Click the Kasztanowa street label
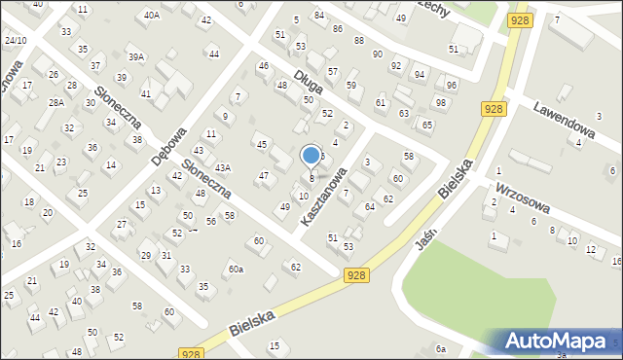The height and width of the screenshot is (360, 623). [323, 197]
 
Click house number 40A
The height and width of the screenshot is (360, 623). [151, 15]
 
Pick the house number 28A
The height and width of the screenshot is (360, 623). [56, 102]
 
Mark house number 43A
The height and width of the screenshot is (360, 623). [223, 168]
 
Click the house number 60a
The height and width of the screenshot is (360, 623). [236, 269]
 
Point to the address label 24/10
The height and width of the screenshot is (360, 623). [16, 40]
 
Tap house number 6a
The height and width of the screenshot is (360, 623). [441, 348]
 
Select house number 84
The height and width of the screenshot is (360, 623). [318, 16]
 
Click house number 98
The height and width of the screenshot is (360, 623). [440, 103]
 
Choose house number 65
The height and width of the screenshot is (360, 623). [427, 126]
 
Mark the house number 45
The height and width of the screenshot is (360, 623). [261, 144]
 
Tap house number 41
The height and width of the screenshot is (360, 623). [146, 94]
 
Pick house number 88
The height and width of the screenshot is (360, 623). [358, 40]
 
